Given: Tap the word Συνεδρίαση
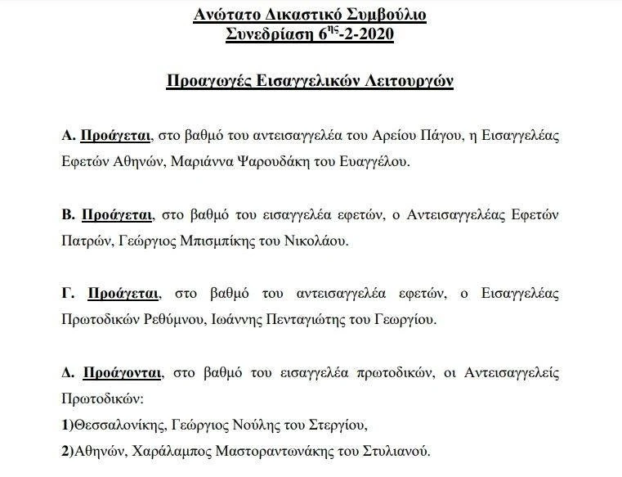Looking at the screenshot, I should click(269, 34).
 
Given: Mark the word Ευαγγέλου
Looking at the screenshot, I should click(378, 162).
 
